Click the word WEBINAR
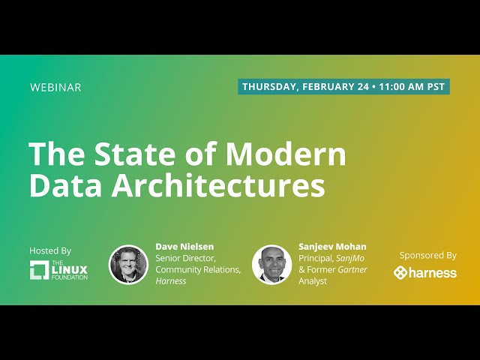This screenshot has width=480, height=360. pos(55,87)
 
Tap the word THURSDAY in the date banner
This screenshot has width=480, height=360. pos(269,87)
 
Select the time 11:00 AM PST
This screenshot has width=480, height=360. pos(412,87)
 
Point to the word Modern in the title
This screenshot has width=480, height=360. pos(287,154)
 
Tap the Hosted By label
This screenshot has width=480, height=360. pos(50,250)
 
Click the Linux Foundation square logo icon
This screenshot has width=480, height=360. pos(39,269)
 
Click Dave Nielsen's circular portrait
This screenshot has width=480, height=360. pos(128,264)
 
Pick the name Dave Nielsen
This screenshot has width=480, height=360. pos(185,247)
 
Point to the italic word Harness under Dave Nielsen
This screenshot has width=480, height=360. pos(171,281)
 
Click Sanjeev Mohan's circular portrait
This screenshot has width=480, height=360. pos(271,264)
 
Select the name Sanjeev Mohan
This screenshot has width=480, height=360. pos(332,247)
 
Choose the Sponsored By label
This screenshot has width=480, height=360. pos(428,255)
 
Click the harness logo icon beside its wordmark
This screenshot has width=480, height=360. pos(401,272)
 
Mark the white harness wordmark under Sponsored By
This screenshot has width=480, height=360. pos(433,272)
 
